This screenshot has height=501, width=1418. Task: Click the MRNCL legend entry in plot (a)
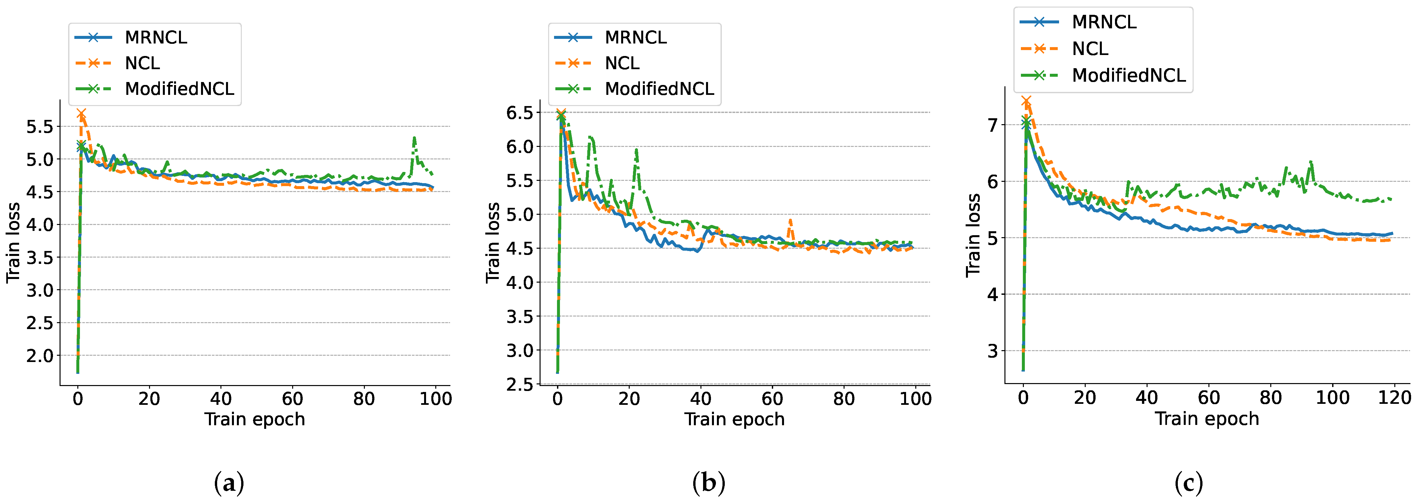click(x=155, y=38)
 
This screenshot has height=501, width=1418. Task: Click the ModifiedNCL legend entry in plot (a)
click(x=179, y=89)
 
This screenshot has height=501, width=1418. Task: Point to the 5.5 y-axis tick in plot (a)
click(x=39, y=127)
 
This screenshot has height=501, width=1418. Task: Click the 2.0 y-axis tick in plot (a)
click(x=39, y=355)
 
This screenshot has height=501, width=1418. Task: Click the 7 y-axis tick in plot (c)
click(x=992, y=125)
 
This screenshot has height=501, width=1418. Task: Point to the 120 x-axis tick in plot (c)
click(x=1394, y=398)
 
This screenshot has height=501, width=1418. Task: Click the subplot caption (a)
click(x=228, y=483)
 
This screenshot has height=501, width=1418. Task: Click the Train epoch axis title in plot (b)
click(x=734, y=419)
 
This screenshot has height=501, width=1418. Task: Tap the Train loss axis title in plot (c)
click(x=973, y=235)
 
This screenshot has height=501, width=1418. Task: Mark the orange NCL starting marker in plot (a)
click(x=82, y=114)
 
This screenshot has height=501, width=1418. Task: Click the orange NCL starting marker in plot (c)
click(x=1026, y=101)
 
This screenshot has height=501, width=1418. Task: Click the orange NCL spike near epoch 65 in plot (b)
click(x=790, y=220)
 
